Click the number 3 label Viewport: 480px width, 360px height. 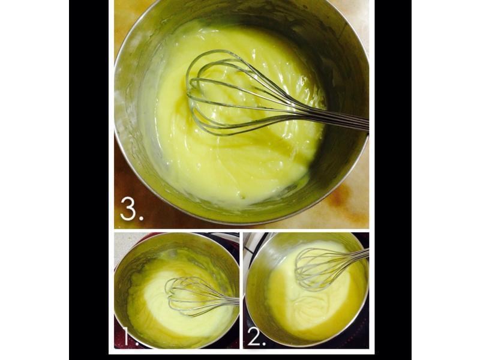tap(131, 208)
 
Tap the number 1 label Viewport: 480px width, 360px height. tap(130, 336)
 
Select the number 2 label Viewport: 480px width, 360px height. tap(257, 336)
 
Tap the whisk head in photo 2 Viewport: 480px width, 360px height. tap(319, 268)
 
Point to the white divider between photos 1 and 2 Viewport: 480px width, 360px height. tap(241, 290)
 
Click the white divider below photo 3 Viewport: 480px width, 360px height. tap(242, 230)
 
